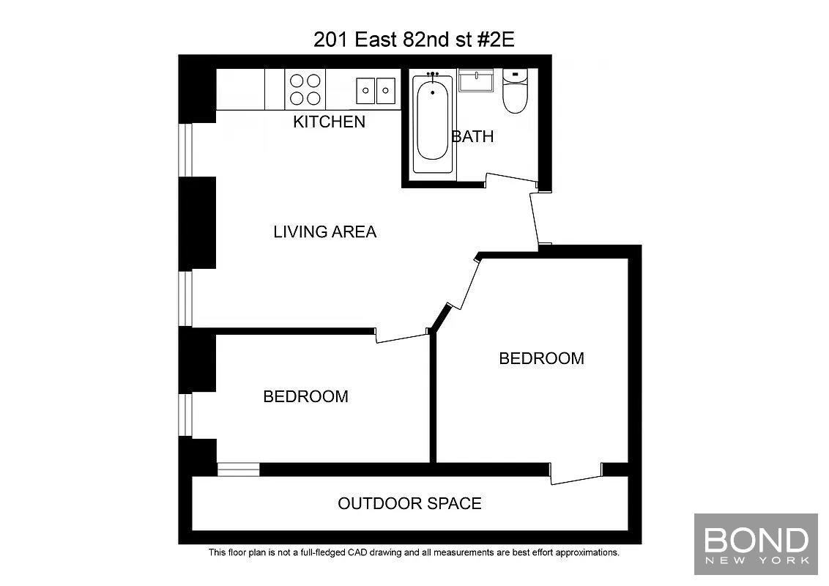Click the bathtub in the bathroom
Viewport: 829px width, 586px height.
pyautogui.click(x=433, y=124)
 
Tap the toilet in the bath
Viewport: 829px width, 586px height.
pyautogui.click(x=514, y=91)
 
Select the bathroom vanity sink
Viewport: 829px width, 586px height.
pyautogui.click(x=476, y=81)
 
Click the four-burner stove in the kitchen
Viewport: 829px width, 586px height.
pyautogui.click(x=305, y=89)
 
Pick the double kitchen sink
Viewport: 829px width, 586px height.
pyautogui.click(x=376, y=90)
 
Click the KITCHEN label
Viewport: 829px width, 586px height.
pyautogui.click(x=329, y=122)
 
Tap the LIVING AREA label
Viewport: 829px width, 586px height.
pyautogui.click(x=324, y=231)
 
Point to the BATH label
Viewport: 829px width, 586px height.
pyautogui.click(x=472, y=136)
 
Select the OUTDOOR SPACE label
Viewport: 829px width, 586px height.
pyautogui.click(x=410, y=503)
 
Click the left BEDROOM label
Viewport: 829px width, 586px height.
pyautogui.click(x=305, y=397)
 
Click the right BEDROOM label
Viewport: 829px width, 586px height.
pyautogui.click(x=541, y=359)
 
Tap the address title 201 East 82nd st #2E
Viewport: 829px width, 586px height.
pyautogui.click(x=414, y=40)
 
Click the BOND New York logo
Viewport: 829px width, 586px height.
pyautogui.click(x=756, y=544)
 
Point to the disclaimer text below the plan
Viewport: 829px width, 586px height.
pyautogui.click(x=414, y=553)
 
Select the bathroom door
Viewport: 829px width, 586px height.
pyautogui.click(x=512, y=179)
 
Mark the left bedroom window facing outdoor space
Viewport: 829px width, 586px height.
pyautogui.click(x=239, y=470)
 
